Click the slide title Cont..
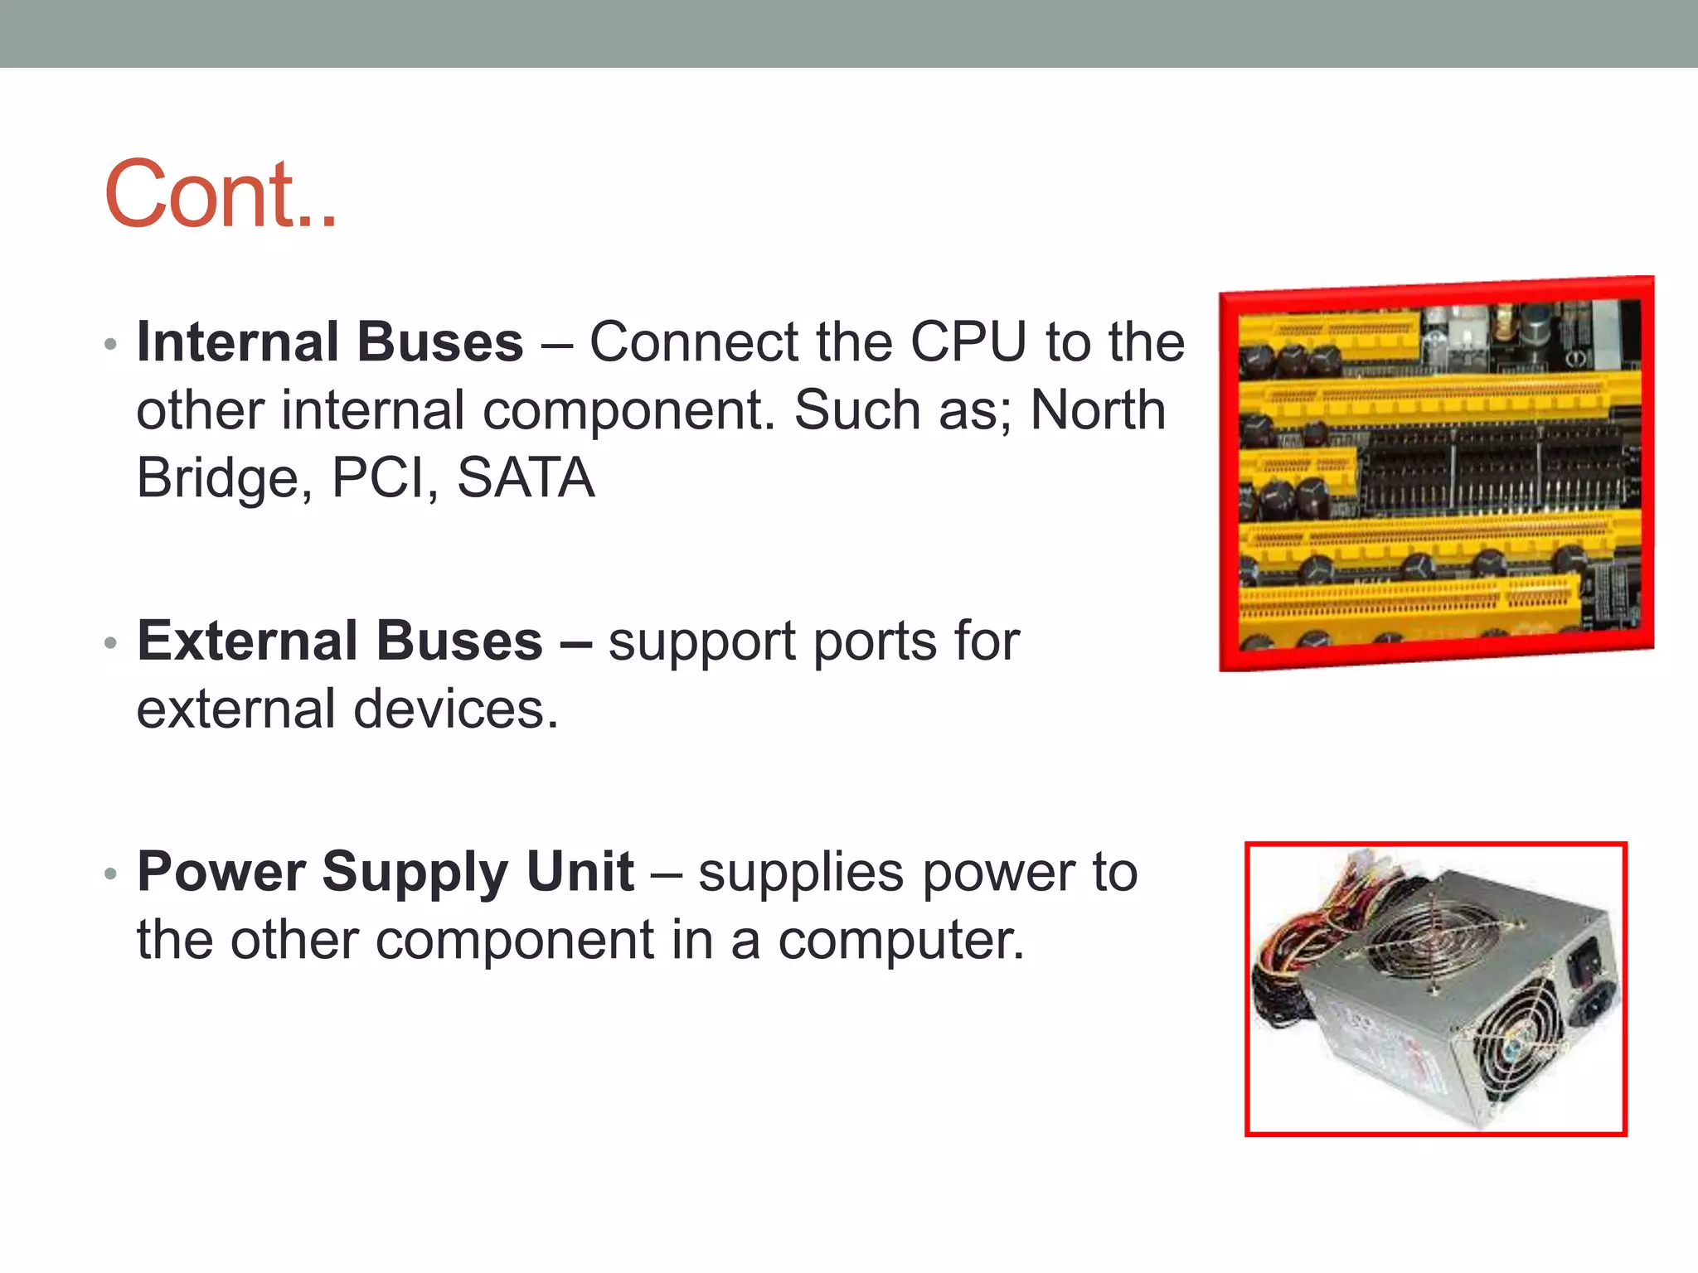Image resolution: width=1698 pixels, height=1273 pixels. pos(221,196)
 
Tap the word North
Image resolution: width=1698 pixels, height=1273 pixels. pos(1098,410)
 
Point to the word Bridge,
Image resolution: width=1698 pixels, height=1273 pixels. pos(225,479)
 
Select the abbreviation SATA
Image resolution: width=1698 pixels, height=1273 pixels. pos(526,479)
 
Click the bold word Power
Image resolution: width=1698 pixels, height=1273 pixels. pos(221,873)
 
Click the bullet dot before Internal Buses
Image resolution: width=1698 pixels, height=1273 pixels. pos(111,344)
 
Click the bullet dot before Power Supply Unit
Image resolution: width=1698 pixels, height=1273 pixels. pos(111,874)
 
